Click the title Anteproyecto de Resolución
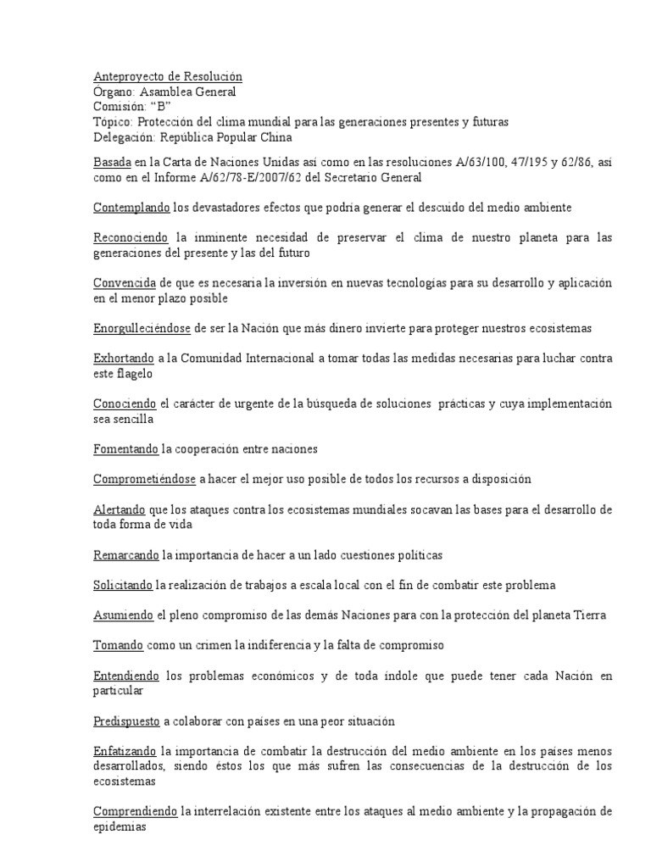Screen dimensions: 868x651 (168, 76)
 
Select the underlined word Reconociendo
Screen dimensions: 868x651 (131, 237)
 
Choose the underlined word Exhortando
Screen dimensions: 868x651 (124, 359)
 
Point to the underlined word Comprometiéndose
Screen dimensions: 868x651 (144, 479)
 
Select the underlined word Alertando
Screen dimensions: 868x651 (120, 509)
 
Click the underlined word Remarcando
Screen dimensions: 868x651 (126, 555)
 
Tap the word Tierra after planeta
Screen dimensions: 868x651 (588, 615)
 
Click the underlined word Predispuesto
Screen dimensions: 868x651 (127, 721)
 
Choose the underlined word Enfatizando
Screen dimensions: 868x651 (125, 752)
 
